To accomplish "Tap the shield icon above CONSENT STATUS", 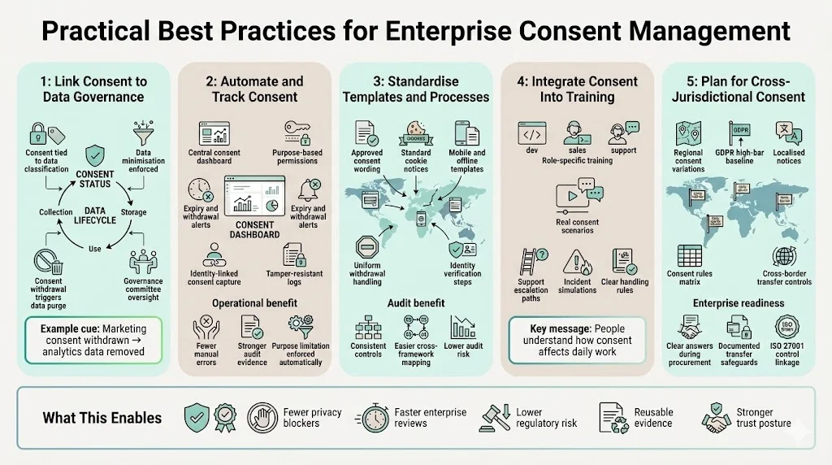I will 95,154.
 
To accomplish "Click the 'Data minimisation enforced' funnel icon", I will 142,131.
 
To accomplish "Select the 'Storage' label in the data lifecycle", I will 133,212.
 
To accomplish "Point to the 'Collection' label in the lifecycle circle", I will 56,212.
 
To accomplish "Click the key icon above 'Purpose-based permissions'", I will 293,131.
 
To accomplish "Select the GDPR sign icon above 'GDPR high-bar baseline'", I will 739,131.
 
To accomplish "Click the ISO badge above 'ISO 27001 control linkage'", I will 786,328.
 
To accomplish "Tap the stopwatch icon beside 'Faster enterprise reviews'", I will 375,418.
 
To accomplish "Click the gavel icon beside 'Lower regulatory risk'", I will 495,417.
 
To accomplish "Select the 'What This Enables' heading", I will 102,418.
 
